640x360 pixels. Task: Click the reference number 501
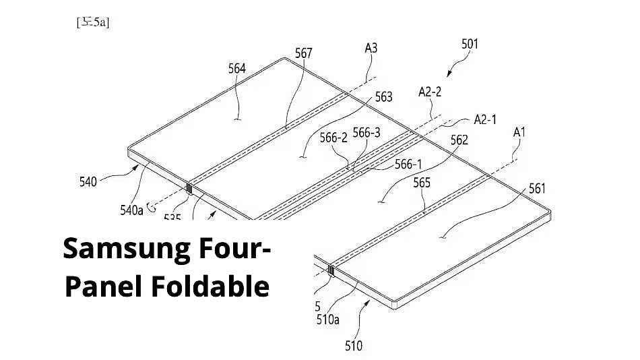470,44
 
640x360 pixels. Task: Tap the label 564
237,68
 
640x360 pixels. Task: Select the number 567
304,53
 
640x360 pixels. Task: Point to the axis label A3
371,48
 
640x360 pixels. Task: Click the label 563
383,97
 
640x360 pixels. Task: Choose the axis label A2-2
430,92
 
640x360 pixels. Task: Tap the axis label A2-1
485,119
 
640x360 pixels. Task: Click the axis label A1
519,132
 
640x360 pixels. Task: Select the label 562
459,140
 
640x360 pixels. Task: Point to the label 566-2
333,138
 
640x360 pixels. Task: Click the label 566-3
367,133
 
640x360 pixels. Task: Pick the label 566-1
408,163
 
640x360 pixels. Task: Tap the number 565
422,183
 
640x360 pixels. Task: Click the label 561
537,188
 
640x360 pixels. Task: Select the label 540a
132,210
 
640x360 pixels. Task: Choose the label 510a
328,319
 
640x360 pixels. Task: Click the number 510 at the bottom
353,346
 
